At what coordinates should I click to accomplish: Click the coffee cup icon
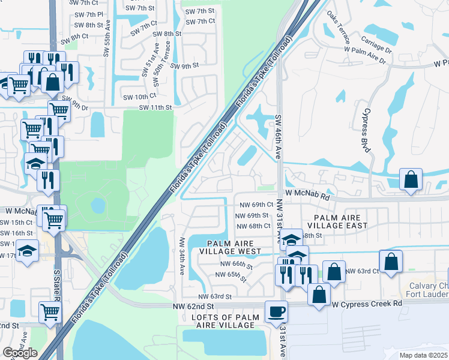tap(276, 312)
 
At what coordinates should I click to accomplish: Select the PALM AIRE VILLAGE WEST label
tap(234, 247)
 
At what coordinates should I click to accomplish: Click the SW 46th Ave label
tap(279, 137)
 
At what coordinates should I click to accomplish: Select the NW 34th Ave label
tap(182, 256)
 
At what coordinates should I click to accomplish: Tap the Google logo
tap(20, 353)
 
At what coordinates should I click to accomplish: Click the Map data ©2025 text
tap(424, 355)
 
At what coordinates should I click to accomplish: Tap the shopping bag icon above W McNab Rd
tap(411, 179)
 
